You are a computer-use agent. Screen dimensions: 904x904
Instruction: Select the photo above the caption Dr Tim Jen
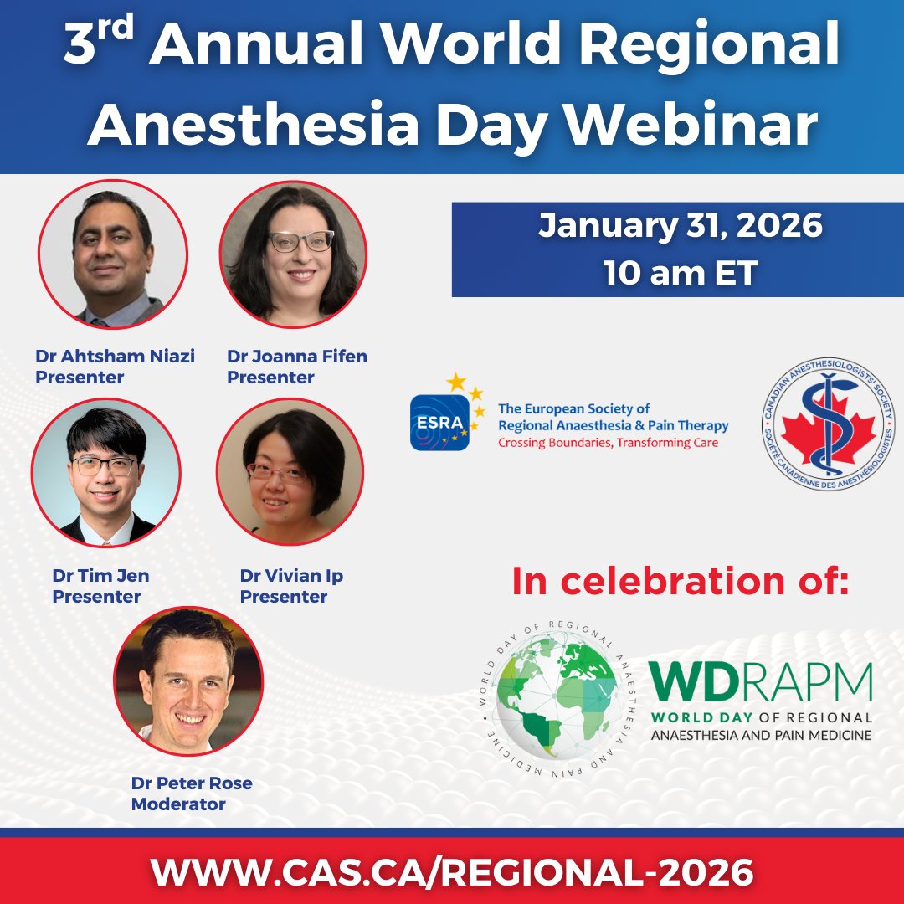click(105, 472)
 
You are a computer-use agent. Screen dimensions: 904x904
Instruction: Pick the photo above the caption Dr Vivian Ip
click(290, 472)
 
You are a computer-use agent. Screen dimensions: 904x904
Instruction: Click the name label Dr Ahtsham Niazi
click(115, 357)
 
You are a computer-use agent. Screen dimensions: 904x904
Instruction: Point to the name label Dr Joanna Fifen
click(297, 357)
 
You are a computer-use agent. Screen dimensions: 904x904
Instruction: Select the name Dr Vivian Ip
click(291, 576)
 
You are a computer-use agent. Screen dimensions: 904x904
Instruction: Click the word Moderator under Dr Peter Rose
click(178, 804)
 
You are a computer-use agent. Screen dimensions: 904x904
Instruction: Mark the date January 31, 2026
click(680, 226)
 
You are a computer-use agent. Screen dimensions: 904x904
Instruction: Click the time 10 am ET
click(680, 273)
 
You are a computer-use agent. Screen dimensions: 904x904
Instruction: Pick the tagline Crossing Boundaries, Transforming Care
click(608, 443)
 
